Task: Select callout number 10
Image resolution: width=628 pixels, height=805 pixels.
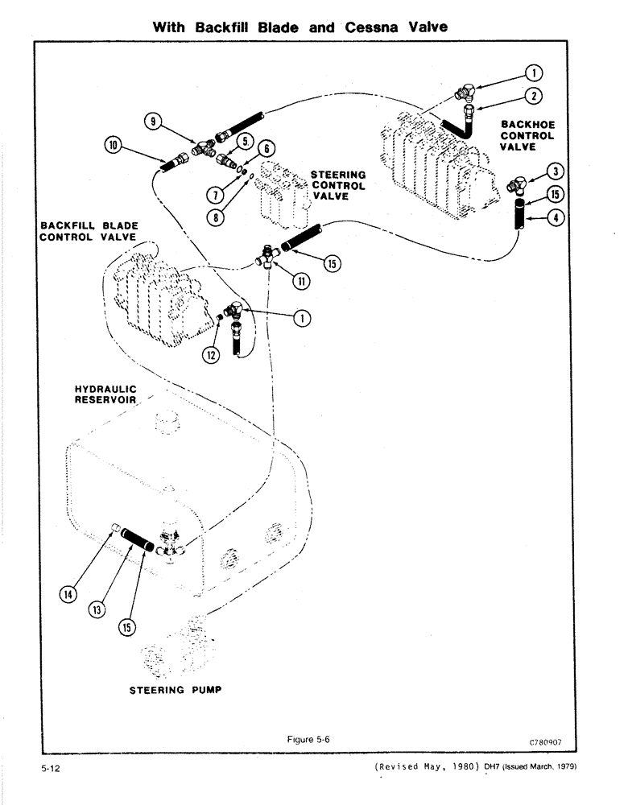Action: click(x=113, y=145)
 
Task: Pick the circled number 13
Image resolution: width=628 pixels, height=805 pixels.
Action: click(x=98, y=610)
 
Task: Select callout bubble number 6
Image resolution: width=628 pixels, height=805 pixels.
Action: click(x=267, y=148)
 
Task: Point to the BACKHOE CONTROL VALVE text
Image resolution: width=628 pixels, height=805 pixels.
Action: click(x=527, y=135)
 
